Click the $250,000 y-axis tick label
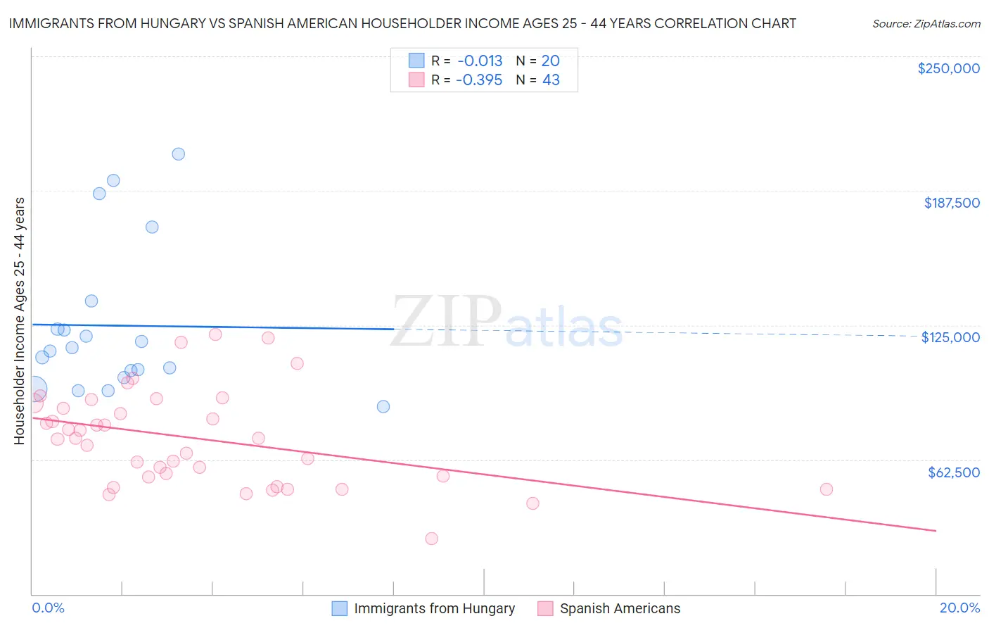point(948,68)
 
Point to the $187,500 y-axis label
point(951,203)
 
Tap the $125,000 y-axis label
point(950,337)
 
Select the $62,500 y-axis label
point(953,472)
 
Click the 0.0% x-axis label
point(48,608)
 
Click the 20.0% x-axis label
point(959,608)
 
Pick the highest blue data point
point(179,154)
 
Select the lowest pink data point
point(432,539)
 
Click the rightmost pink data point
point(827,489)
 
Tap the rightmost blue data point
point(383,406)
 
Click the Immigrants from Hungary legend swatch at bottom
point(340,608)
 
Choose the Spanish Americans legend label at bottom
point(620,608)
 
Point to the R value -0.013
point(480,61)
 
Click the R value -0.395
point(479,80)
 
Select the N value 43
point(551,80)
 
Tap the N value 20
point(550,61)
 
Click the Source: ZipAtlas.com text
point(926,24)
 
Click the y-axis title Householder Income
point(19,320)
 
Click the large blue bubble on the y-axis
point(32,389)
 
